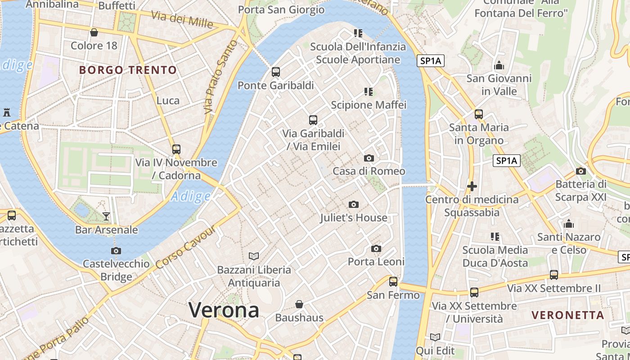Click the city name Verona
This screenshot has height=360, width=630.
[224, 310]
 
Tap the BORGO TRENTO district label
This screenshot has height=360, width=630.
[128, 70]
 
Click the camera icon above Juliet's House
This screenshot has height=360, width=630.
[354, 205]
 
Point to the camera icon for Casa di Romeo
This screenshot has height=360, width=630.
[369, 158]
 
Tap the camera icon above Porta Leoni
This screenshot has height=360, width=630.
[376, 248]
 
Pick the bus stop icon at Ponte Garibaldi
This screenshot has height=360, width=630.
[276, 72]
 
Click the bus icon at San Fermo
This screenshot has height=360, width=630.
[393, 282]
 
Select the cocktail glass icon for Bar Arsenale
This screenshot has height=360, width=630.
[106, 216]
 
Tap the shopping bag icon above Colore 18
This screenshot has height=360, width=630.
[94, 32]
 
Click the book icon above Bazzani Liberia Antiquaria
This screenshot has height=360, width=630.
[254, 256]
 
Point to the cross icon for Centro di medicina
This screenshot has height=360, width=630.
[472, 186]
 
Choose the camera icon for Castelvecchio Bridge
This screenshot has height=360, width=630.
[116, 251]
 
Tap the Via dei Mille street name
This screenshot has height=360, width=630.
[182, 20]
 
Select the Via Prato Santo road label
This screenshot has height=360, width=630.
[220, 76]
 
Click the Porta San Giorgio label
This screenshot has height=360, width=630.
[281, 9]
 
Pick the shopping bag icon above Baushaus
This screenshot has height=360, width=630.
[299, 305]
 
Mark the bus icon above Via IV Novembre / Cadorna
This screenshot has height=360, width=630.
[176, 149]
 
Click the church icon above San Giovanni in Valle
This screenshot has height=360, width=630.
[499, 65]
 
